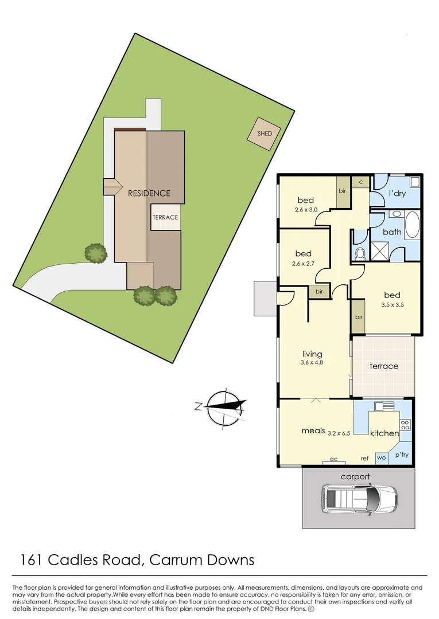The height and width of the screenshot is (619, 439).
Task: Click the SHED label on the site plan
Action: click(265, 134)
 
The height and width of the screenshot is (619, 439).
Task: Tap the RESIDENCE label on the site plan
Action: click(149, 193)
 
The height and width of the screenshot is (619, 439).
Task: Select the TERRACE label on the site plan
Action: click(165, 218)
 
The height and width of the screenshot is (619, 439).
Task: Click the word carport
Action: click(355, 476)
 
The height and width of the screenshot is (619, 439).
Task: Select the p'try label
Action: click(402, 455)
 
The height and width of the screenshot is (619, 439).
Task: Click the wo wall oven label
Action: click(382, 458)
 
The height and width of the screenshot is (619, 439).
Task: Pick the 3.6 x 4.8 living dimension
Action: click(312, 362)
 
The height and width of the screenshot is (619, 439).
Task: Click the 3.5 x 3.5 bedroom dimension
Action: click(393, 305)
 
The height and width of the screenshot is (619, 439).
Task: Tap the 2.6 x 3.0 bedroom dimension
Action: click(305, 210)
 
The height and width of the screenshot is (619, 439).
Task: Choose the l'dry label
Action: click(397, 194)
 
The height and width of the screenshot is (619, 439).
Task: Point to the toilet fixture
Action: click(360, 253)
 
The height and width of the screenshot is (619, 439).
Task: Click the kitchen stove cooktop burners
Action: click(406, 425)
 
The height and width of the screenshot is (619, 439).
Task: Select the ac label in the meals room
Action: click(333, 459)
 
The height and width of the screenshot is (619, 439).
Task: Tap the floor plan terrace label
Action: click(384, 366)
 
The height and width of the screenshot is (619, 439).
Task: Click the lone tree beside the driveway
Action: click(96, 252)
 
